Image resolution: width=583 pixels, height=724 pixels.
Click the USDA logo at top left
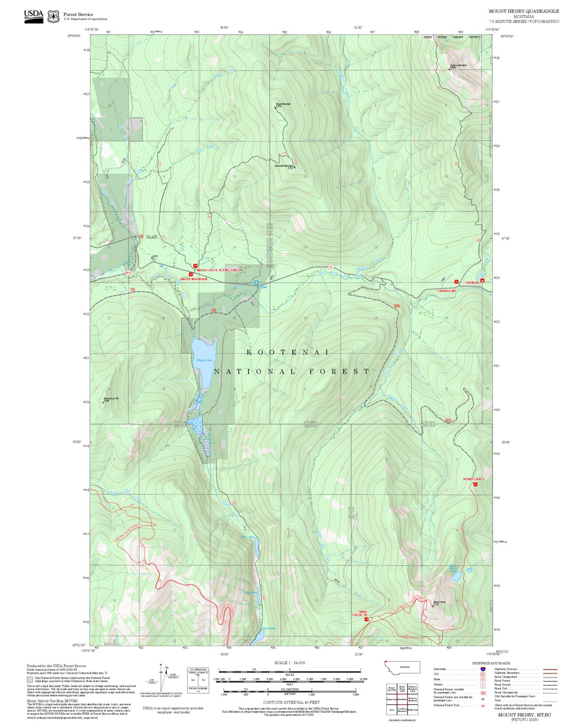(33, 16)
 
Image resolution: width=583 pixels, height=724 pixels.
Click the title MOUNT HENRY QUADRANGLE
(524, 11)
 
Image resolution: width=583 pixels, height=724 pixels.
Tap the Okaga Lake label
(204, 360)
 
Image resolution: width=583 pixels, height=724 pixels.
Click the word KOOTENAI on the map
(288, 352)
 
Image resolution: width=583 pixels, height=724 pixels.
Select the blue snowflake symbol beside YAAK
(257, 282)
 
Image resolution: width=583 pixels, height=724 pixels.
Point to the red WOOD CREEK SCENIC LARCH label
(219, 270)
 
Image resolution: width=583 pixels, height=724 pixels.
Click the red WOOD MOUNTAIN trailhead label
(194, 279)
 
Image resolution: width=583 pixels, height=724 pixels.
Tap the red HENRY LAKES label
(473, 479)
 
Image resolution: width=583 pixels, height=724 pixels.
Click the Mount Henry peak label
(439, 603)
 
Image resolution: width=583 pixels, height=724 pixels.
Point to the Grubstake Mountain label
(284, 166)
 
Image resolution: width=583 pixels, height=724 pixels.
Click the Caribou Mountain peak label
(458, 65)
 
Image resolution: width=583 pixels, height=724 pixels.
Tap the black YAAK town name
(151, 237)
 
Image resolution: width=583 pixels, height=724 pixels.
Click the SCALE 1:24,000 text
(289, 663)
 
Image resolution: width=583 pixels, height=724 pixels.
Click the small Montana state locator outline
(402, 668)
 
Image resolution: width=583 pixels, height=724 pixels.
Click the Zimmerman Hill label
(111, 399)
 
